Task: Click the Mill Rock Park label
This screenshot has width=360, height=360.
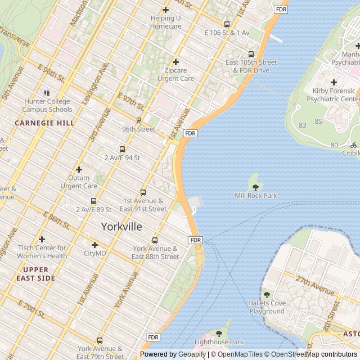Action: click(x=255, y=196)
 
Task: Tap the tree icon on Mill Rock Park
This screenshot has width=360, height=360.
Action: click(x=255, y=187)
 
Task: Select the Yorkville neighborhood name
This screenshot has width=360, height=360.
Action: click(x=121, y=226)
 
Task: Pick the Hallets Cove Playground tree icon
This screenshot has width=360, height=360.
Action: click(x=267, y=295)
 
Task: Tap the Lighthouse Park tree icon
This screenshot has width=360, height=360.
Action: click(x=219, y=334)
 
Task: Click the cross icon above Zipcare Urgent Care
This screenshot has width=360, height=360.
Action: click(x=175, y=62)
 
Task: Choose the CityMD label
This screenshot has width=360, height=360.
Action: click(x=94, y=253)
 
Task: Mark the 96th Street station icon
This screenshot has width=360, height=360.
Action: click(x=138, y=120)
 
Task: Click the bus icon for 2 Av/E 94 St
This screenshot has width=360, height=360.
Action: click(x=122, y=149)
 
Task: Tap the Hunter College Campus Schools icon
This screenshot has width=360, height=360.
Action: click(x=47, y=93)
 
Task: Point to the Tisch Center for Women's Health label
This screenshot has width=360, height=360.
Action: click(x=42, y=252)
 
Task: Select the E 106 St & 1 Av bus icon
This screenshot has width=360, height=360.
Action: click(x=227, y=24)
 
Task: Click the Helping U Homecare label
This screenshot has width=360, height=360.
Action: click(x=165, y=22)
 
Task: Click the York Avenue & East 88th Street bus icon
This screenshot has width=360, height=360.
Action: click(x=155, y=240)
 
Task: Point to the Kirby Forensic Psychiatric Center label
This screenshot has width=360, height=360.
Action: click(x=332, y=94)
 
